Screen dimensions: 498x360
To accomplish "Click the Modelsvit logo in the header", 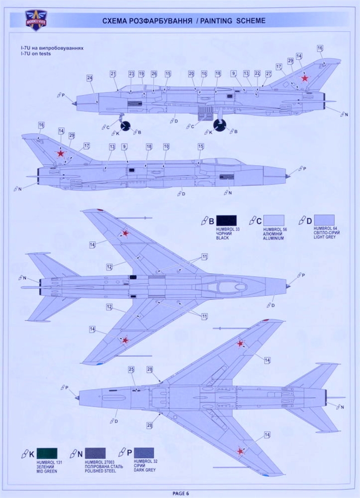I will (36, 20).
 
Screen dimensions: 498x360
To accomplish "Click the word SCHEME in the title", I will (249, 21).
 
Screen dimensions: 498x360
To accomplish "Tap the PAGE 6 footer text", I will (180, 493).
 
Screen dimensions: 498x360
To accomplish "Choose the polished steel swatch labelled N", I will (95, 453).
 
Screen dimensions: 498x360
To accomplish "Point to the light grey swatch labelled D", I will (324, 220).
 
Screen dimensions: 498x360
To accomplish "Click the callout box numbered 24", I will (90, 78).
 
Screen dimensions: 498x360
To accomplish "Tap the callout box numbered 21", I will (112, 74).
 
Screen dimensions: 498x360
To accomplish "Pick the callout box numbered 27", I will (269, 74).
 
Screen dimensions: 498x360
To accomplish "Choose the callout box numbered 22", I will (258, 74).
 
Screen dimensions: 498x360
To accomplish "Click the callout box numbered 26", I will (154, 74).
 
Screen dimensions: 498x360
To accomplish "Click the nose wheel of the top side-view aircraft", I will (125, 125).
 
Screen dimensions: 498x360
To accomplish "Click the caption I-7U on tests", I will (36, 54).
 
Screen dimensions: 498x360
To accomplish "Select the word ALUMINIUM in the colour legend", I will (274, 238).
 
